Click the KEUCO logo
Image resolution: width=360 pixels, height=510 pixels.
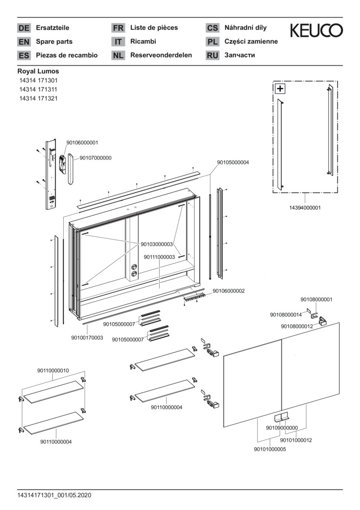point(316,31)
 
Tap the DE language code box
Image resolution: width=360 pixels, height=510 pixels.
point(24,28)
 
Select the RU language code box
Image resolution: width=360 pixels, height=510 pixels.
point(212,55)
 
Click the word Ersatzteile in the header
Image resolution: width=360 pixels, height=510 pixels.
point(52,28)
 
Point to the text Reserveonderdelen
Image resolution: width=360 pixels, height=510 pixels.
point(161,55)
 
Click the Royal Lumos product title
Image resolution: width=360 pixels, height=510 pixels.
point(38,71)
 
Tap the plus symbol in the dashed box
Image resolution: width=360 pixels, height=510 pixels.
point(280,88)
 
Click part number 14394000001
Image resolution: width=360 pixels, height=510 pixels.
point(305,207)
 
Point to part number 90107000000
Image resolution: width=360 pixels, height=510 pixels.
point(95,158)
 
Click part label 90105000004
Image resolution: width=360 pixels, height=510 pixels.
point(233,162)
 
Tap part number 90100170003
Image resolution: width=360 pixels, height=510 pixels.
point(87,338)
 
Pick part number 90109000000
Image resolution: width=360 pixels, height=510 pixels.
point(282,428)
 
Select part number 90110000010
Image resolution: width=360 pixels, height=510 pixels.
point(53,371)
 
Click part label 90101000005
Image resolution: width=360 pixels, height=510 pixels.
point(270,449)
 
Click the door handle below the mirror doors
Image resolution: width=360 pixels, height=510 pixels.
point(282,417)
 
